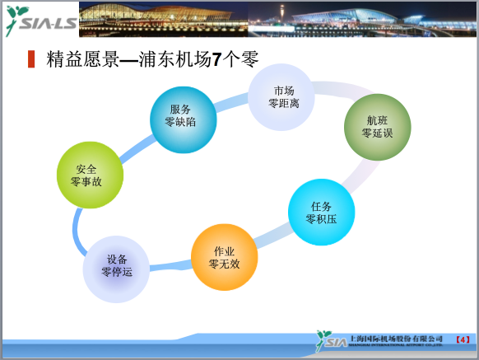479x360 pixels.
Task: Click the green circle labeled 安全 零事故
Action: tap(89, 175)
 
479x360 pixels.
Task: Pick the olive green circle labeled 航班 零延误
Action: tap(378, 127)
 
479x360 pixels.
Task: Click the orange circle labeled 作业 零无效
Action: tap(224, 257)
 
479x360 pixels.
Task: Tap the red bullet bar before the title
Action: tap(31, 59)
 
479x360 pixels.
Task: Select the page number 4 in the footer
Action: tap(462, 339)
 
